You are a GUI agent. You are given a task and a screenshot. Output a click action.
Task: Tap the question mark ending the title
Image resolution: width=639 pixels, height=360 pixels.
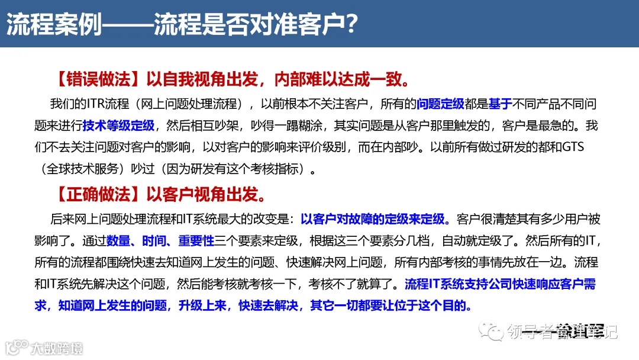[351, 25]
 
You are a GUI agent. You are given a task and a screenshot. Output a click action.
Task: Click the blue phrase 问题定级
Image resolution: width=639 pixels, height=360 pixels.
[440, 104]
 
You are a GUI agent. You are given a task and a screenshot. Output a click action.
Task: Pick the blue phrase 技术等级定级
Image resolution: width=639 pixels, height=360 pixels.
[118, 126]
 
